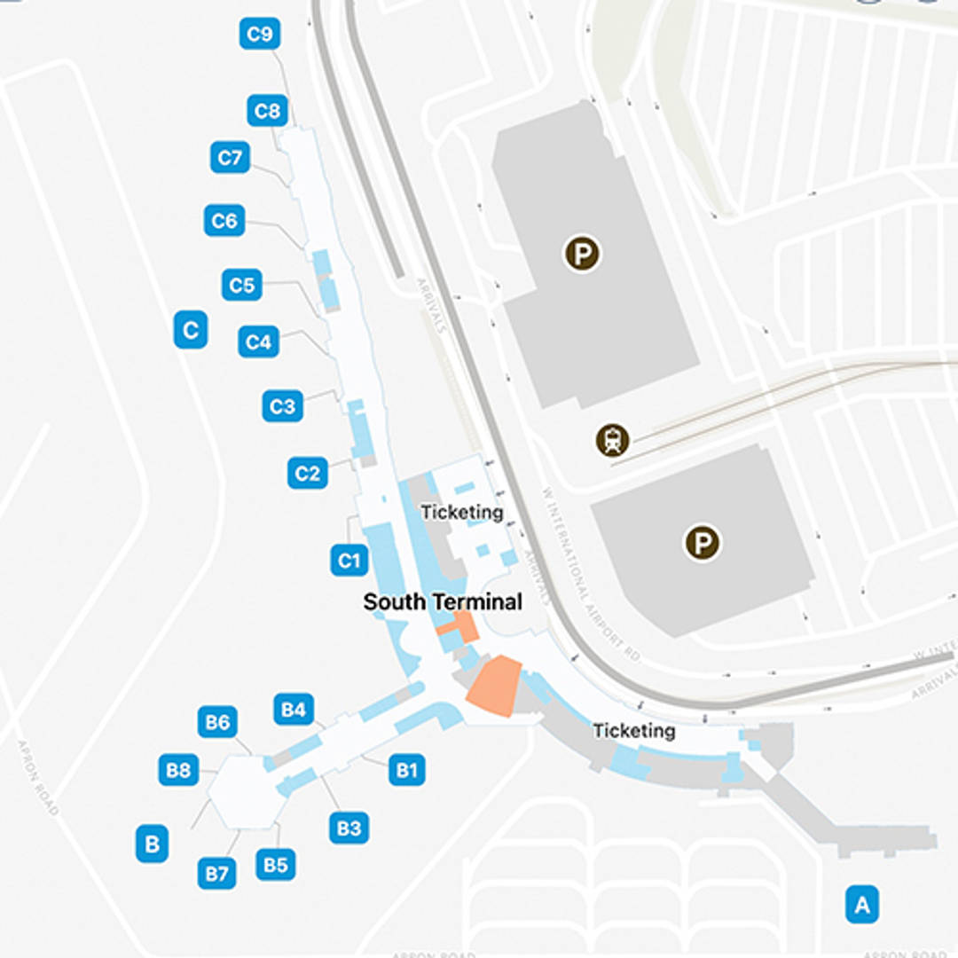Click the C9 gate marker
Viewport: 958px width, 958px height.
click(260, 35)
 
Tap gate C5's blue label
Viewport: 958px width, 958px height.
click(241, 286)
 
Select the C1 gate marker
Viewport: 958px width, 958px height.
click(349, 561)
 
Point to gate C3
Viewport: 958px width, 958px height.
click(282, 406)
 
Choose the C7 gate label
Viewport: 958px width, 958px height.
click(230, 158)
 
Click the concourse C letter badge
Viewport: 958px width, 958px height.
click(190, 330)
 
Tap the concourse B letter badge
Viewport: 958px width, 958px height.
click(152, 844)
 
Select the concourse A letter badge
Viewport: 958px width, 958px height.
click(861, 905)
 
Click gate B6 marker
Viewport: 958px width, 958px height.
click(217, 723)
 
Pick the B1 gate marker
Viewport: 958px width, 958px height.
click(406, 770)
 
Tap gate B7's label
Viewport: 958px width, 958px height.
click(216, 874)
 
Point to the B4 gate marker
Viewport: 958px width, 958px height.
click(294, 710)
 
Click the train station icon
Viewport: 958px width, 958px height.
click(613, 440)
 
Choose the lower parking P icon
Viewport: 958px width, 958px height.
click(703, 543)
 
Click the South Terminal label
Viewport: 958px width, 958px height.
click(443, 602)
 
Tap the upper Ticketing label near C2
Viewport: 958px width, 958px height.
click(461, 513)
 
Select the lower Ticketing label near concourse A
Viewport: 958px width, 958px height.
click(633, 731)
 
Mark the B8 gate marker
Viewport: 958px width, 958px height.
click(178, 770)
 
